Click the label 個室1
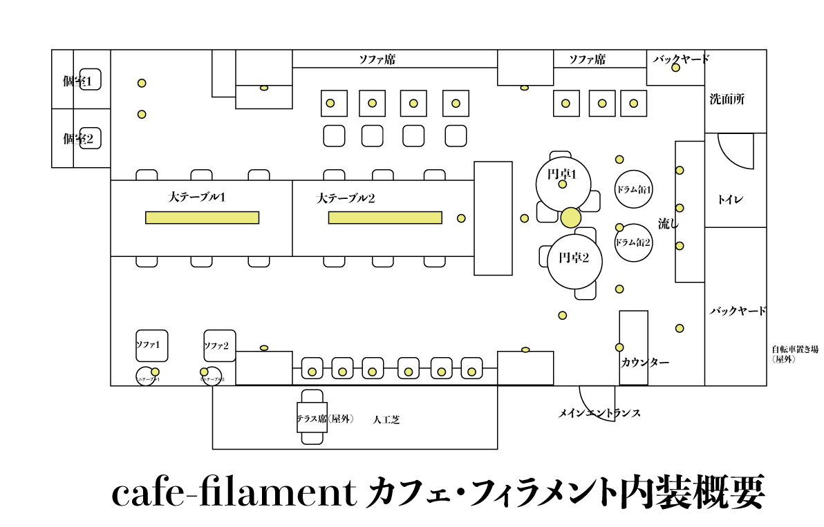point(77,82)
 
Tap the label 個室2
point(77,139)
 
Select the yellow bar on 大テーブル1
point(202,218)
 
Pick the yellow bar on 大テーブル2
point(385,218)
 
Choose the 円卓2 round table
point(574,261)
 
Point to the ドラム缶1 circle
point(634,189)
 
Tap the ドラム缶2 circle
point(634,242)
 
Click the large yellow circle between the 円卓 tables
point(570,218)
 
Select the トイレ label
point(730,200)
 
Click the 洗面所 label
point(727,99)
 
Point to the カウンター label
point(645,362)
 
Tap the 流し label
point(668,223)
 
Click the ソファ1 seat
point(152,345)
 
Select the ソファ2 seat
point(220,345)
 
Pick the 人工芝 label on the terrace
point(386,419)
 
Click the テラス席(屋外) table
point(312,417)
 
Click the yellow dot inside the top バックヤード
point(675,68)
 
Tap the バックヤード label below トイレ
point(738,311)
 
